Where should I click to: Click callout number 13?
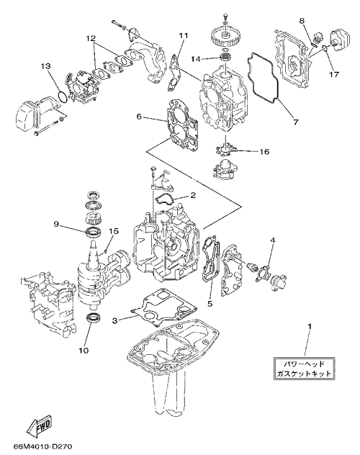45,66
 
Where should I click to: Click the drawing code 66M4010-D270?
42,446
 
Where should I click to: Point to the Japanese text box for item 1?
304,368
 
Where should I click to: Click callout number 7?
296,122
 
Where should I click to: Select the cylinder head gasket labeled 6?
182,125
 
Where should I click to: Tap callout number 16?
264,151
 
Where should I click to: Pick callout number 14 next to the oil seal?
196,59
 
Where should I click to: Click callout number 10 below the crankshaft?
84,351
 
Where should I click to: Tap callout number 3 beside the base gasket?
115,320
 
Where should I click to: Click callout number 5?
210,304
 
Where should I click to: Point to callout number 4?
272,240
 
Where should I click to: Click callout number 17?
334,75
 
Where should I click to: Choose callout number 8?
302,21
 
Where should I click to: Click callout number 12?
91,38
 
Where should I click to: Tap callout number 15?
114,231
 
